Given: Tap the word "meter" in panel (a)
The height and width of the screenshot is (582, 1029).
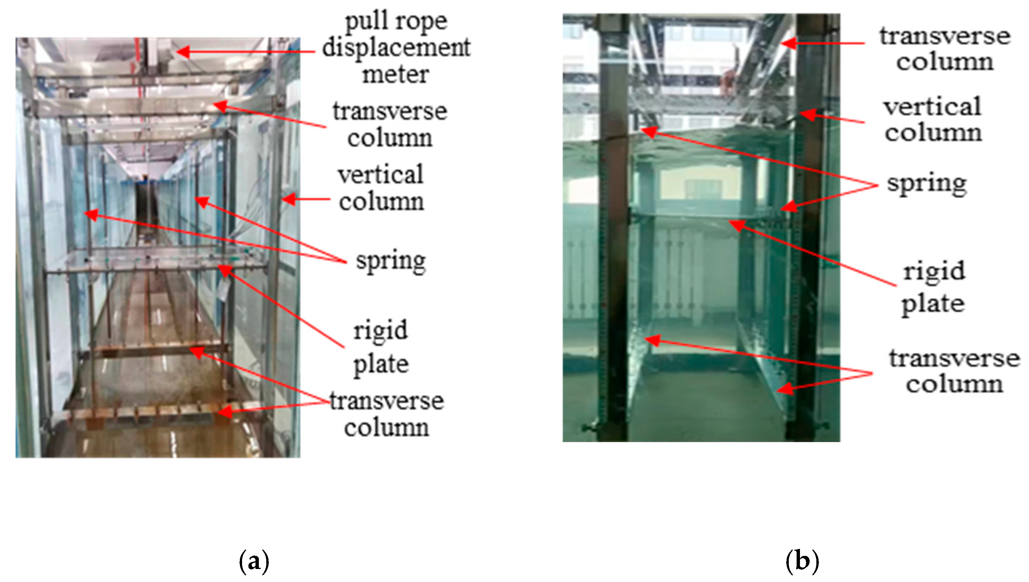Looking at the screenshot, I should click(x=396, y=74).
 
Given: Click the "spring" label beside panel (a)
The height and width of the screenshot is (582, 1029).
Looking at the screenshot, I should click(x=391, y=262).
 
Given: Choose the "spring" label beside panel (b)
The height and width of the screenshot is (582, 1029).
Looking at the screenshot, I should click(x=927, y=185).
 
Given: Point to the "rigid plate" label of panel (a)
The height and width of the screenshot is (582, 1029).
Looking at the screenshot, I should click(x=381, y=347).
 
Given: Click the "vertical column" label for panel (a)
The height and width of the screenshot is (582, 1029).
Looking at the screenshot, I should click(x=381, y=188).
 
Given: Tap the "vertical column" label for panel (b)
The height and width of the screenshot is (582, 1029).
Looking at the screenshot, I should click(x=933, y=120).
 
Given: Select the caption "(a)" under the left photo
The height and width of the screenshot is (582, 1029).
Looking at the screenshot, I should click(x=254, y=562).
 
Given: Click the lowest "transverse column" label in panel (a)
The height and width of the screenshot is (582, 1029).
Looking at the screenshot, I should click(x=387, y=414).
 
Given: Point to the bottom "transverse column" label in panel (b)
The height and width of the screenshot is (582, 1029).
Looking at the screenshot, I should click(x=954, y=371).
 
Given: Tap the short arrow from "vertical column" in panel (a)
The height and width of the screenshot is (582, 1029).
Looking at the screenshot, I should click(x=306, y=199).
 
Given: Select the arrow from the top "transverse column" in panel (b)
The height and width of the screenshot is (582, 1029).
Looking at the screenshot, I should click(x=823, y=43).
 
